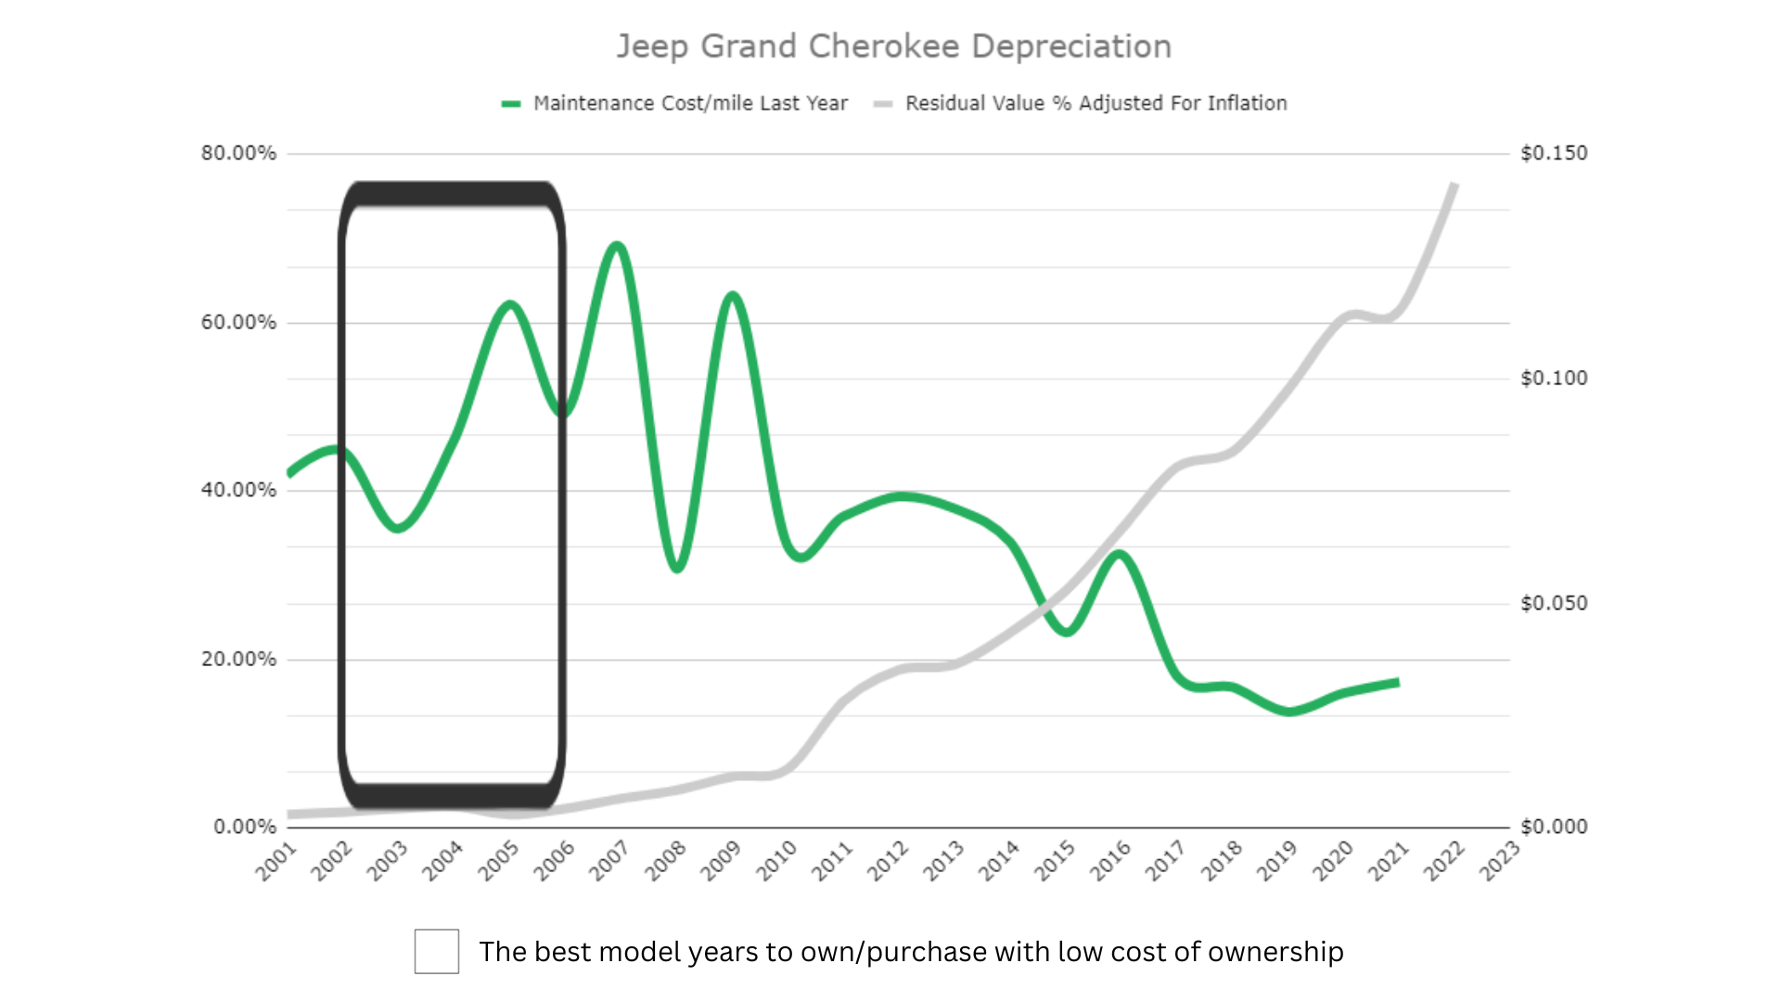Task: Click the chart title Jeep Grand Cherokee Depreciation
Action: coord(894,46)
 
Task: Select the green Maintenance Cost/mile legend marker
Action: coord(511,104)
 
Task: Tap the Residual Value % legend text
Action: coord(1096,103)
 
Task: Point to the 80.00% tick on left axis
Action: coord(238,153)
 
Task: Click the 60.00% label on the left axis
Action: coord(238,322)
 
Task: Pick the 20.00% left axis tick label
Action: coord(238,659)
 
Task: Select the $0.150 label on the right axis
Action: coord(1554,153)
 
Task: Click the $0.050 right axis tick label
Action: coord(1554,603)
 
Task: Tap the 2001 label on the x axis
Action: coord(276,861)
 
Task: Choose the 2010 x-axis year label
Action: coord(776,861)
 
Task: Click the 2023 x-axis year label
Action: coord(1499,861)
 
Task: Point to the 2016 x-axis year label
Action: coord(1110,861)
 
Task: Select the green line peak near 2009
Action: coord(733,297)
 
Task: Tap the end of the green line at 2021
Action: coord(1396,683)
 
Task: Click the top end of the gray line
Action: coord(1454,186)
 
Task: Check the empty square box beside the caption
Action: coord(436,951)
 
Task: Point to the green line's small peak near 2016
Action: coord(1120,556)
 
